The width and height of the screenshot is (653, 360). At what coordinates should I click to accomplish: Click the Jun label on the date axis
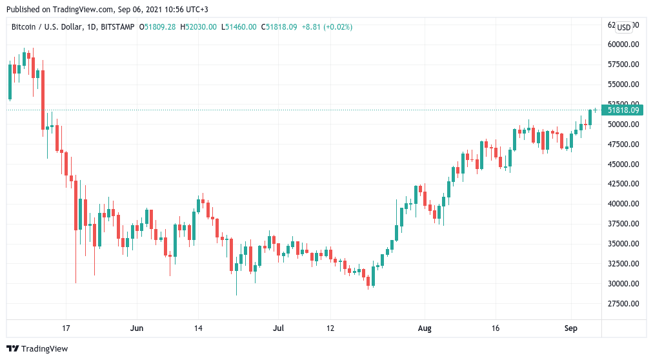coord(137,328)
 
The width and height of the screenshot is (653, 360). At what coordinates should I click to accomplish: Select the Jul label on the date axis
coord(278,328)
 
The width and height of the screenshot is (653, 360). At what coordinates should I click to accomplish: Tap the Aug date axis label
coord(423,328)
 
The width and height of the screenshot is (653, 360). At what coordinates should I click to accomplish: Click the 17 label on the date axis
coord(66,328)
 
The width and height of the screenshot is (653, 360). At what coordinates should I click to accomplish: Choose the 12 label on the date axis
coord(330,328)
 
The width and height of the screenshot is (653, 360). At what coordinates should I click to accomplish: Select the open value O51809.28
coord(158,27)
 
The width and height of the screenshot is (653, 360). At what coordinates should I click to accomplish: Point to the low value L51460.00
coord(239,27)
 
